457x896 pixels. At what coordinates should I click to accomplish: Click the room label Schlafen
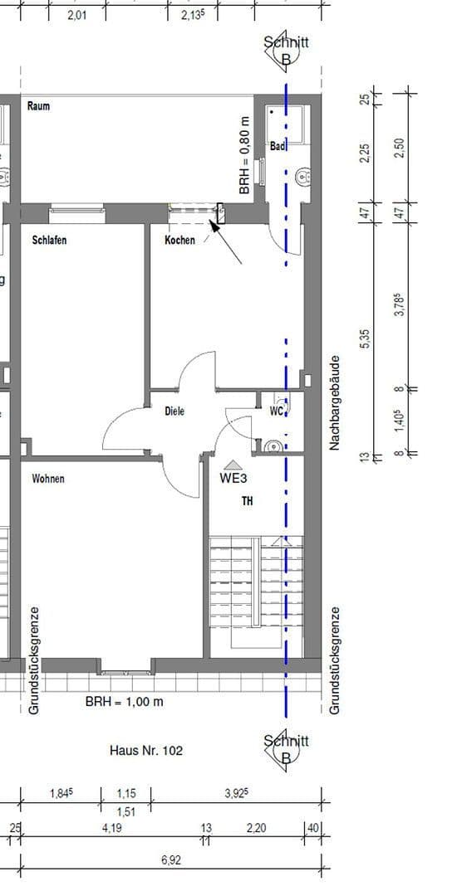coord(49,241)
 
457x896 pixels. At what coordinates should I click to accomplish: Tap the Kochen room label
coord(179,241)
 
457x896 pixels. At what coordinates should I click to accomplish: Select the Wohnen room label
coord(48,480)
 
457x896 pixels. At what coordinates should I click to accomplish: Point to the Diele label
coord(174,411)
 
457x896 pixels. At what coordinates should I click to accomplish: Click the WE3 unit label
coord(233,479)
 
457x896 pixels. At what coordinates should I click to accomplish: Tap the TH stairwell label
coord(247,501)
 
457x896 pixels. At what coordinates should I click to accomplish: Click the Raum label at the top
coord(38,106)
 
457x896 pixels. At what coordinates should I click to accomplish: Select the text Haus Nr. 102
coord(146,750)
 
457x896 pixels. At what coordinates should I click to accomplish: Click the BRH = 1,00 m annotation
coord(125,702)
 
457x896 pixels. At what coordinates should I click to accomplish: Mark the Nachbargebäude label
coord(335,404)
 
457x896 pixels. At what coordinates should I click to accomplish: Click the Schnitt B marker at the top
coord(286,50)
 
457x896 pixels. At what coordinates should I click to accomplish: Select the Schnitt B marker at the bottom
coord(286,747)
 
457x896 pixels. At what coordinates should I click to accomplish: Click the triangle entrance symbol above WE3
coord(233,465)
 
